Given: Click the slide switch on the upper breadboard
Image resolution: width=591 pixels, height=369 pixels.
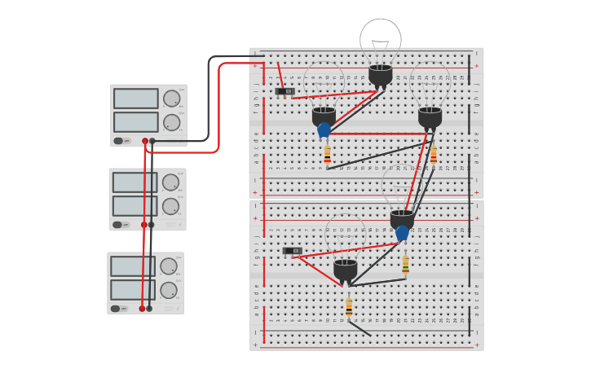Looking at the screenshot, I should point(284,91).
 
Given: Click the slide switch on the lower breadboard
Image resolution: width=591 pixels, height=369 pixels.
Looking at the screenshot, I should point(292,251).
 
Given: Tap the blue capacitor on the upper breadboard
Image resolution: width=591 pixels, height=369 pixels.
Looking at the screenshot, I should point(324,130).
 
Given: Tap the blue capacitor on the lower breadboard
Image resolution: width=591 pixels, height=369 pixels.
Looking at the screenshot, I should point(402,233).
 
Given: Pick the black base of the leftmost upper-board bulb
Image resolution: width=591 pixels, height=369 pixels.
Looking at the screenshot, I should point(324,116).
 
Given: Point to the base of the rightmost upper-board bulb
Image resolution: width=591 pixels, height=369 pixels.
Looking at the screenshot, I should point(430,116).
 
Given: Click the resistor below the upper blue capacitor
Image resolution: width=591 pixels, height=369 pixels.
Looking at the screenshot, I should point(328,154).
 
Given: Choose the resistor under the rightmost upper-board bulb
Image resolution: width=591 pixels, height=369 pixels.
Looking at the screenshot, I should point(434,154).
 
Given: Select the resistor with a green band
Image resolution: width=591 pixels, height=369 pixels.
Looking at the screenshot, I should point(405,265).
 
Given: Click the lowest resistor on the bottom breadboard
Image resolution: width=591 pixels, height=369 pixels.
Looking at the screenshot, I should point(349,307).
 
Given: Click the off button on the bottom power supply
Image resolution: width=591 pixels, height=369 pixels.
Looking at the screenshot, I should point(117,309).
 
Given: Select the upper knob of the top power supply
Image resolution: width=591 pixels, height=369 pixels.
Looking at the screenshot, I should point(171,99).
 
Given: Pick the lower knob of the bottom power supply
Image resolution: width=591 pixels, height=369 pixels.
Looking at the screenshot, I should point(169,290).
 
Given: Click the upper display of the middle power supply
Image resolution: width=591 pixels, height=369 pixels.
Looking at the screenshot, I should point(135,182).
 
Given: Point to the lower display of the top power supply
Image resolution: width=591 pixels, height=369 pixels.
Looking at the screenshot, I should point(136,122).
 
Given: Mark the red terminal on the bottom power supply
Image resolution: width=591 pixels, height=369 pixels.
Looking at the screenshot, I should point(142,309).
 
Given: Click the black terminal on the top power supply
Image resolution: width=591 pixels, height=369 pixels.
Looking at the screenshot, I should point(152,141).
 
